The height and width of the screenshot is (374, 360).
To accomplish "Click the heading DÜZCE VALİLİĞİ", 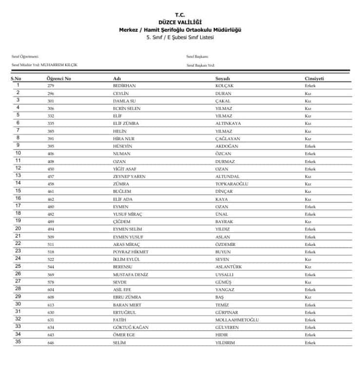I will [180, 22].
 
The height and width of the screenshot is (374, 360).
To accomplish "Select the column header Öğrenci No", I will [59, 78].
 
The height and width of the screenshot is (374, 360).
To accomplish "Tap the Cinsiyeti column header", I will [314, 78].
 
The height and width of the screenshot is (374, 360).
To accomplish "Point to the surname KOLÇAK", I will [225, 86].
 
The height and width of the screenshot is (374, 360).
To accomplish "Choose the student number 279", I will [51, 86].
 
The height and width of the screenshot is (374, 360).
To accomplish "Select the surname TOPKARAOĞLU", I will [232, 184].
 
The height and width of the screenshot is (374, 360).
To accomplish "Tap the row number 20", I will [18, 228].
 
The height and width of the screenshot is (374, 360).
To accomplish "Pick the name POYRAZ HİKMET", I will [131, 252].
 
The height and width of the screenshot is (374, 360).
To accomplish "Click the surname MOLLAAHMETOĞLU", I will [237, 319].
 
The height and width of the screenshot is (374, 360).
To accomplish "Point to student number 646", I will [51, 342].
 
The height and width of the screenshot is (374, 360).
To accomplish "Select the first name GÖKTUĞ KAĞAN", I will [131, 327].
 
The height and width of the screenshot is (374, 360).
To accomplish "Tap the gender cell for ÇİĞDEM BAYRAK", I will [308, 222].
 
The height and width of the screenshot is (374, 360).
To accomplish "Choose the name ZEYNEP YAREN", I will [129, 176].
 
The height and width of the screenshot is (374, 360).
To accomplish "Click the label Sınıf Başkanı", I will [197, 56].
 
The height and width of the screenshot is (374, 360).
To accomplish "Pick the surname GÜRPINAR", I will [227, 312].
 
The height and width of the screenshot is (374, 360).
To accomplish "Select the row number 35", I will [18, 342].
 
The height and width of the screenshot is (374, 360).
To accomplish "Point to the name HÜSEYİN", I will [122, 146].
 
